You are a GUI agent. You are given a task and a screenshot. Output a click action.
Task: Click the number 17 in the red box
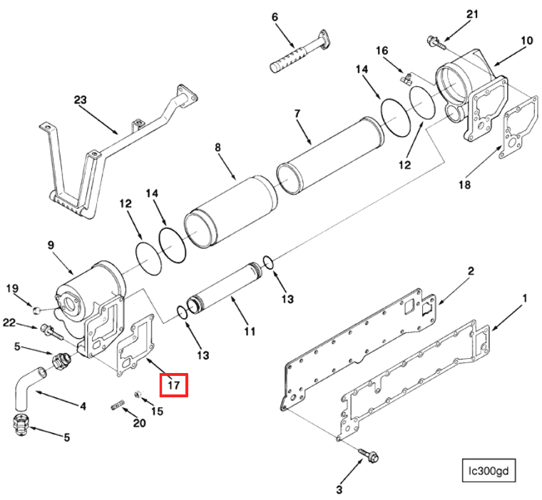173,385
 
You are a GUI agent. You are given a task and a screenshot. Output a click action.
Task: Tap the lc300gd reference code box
489,471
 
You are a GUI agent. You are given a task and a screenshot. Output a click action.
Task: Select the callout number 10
526,41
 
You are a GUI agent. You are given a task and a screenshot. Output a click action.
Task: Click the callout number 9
51,245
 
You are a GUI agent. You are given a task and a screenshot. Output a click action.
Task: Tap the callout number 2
471,271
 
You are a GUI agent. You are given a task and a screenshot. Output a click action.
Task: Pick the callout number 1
525,297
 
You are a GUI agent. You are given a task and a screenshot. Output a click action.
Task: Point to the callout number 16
382,51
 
